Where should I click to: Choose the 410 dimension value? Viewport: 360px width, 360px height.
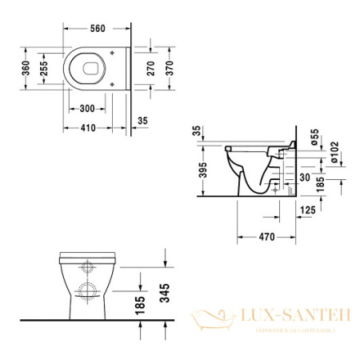tap(87, 127)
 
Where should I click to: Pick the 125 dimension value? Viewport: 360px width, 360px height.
tap(308, 210)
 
